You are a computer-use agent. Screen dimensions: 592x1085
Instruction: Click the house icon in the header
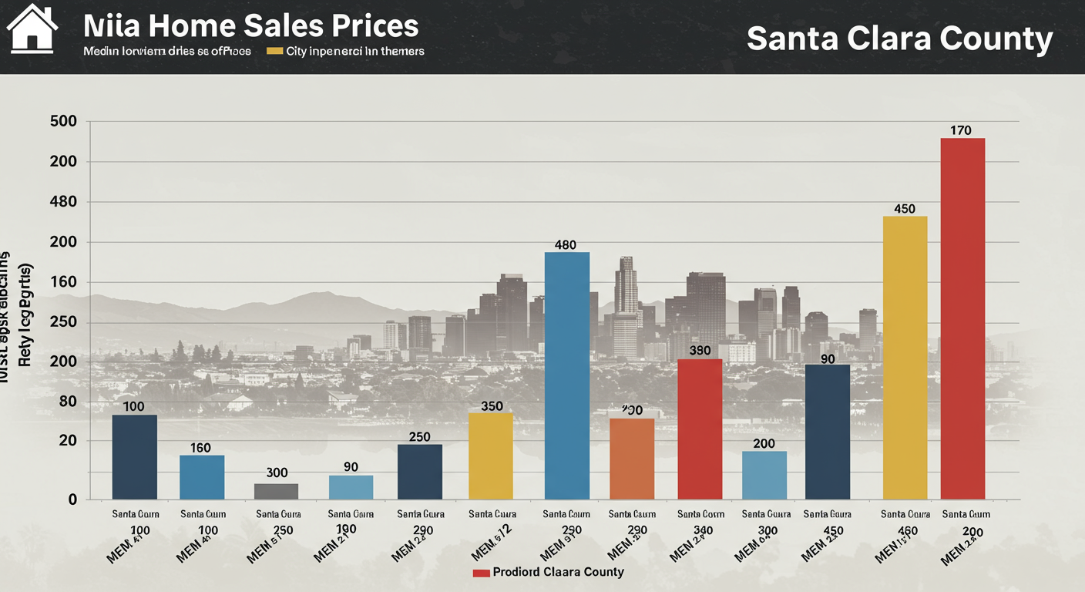pos(32,29)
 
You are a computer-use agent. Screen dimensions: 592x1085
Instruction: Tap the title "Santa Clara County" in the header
pos(899,39)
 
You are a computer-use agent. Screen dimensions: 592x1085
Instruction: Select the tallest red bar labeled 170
pos(962,318)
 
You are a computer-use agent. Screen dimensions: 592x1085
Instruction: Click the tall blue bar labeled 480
pos(567,375)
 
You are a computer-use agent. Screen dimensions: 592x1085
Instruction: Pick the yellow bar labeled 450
pos(905,358)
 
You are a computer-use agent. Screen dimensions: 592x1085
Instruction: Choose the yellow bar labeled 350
pos(491,456)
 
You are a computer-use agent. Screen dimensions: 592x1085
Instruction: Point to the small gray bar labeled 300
pos(276,491)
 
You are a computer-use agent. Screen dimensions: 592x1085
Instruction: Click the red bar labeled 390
pos(700,429)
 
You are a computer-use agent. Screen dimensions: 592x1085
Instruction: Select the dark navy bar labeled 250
pos(420,472)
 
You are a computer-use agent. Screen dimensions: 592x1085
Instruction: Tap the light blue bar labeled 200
pos(764,475)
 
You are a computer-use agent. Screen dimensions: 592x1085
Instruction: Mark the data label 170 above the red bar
pos(960,130)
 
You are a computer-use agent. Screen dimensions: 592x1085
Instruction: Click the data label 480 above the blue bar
pos(566,245)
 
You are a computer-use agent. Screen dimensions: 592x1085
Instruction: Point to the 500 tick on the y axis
pos(63,122)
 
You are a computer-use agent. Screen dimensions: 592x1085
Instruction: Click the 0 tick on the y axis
pos(72,499)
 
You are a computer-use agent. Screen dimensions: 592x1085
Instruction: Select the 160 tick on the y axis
pos(63,282)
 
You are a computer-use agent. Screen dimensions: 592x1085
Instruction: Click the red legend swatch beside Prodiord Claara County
pos(481,573)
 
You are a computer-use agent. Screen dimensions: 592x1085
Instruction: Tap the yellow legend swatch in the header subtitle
pos(274,52)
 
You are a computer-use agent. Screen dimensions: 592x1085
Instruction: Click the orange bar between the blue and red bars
pos(632,459)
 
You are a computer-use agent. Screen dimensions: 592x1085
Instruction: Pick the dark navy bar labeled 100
pos(135,457)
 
